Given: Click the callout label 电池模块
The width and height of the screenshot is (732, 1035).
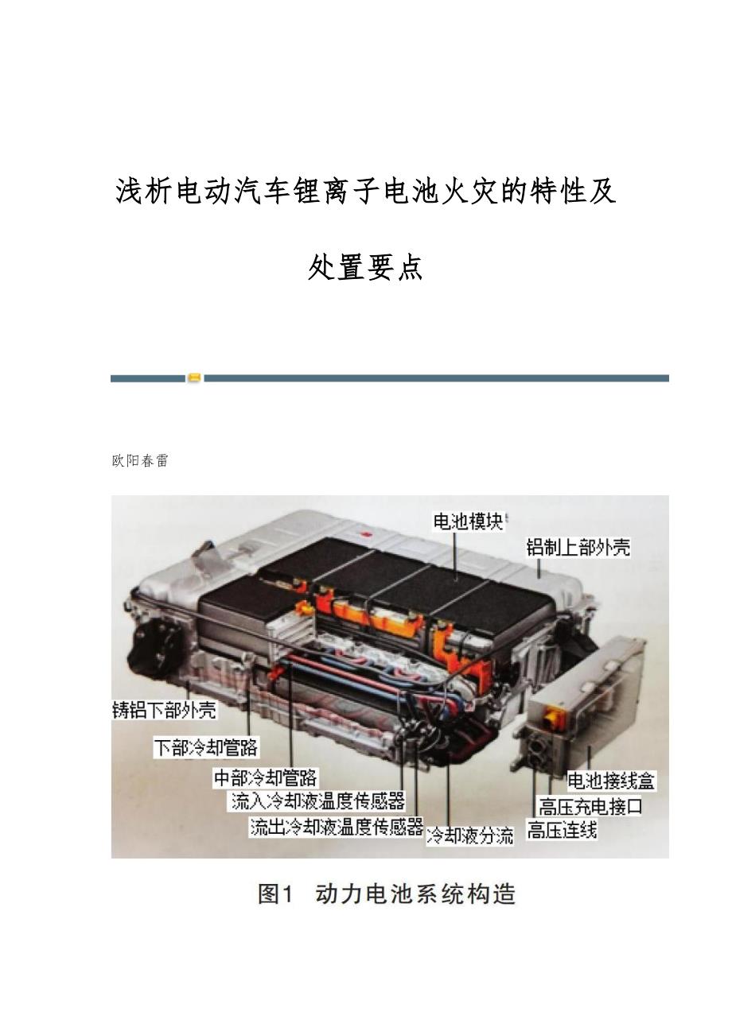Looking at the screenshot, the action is coord(468,521).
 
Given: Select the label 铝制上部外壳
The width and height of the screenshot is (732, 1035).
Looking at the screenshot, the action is coord(578,548).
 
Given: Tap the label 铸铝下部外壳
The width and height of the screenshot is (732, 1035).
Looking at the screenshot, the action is coord(164,711).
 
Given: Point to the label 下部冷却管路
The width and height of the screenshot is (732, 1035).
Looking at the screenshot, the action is coord(206,747).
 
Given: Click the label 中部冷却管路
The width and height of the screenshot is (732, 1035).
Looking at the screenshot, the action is coord(265,778).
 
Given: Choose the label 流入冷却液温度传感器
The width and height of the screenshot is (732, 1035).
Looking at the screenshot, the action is coord(318,800).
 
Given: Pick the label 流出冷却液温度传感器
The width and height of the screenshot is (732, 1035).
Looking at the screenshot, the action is coord(337,827).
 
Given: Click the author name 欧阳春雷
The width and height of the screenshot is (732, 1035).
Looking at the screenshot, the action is coord(140,461).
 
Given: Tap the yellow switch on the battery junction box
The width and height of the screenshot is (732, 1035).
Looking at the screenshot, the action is coord(551,716).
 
